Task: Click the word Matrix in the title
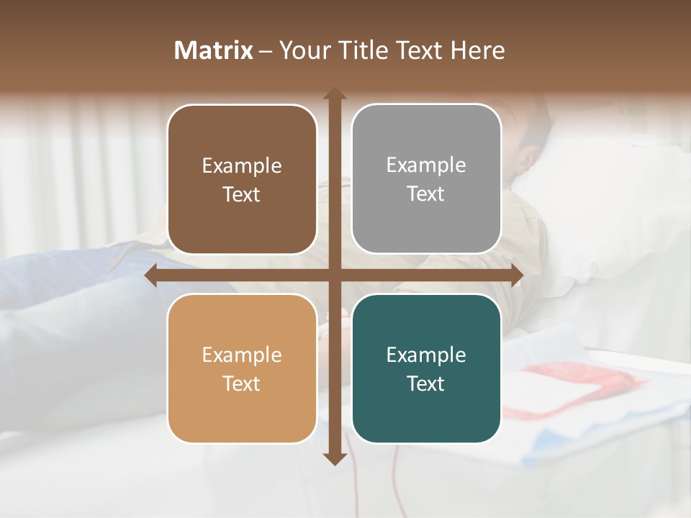(x=214, y=50)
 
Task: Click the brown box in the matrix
(x=242, y=179)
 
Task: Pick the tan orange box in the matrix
(x=242, y=368)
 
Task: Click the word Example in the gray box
(x=426, y=165)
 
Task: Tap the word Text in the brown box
(x=242, y=195)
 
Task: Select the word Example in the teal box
(x=426, y=355)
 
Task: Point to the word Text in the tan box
(x=242, y=384)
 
